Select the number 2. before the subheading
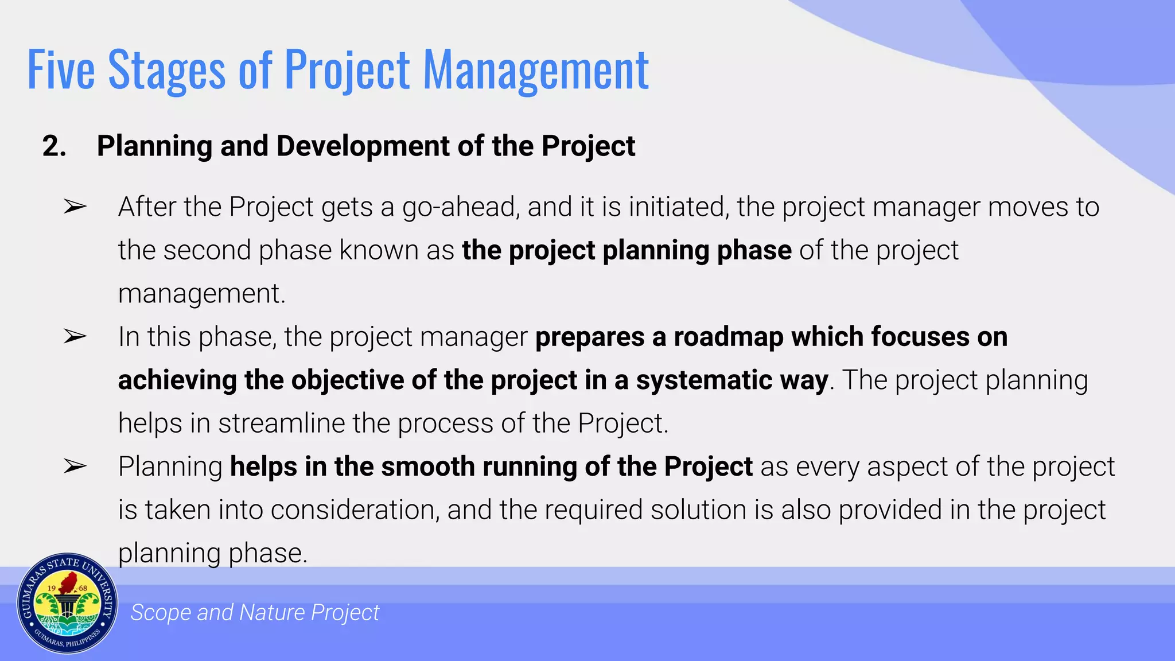click(x=54, y=146)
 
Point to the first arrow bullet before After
click(x=75, y=207)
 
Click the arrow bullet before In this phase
click(x=75, y=336)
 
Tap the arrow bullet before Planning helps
click(x=75, y=466)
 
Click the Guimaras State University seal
click(x=67, y=603)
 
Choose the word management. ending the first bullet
click(x=201, y=294)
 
